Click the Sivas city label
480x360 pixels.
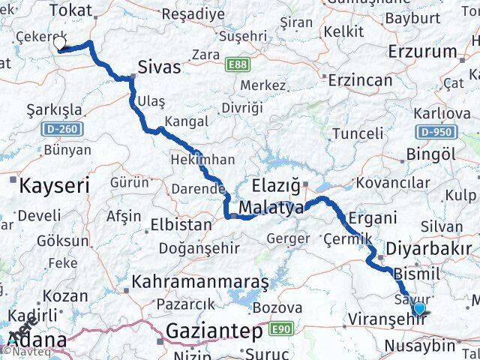(x=160, y=67)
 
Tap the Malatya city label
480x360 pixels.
(x=271, y=208)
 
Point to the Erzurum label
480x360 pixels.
(x=423, y=52)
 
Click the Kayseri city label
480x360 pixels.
(x=55, y=184)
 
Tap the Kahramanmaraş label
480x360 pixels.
(x=200, y=282)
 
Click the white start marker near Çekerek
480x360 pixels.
(x=61, y=44)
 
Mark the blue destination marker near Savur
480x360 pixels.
(x=418, y=308)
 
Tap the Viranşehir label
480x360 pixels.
(x=385, y=319)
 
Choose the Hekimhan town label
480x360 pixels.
(x=203, y=160)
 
